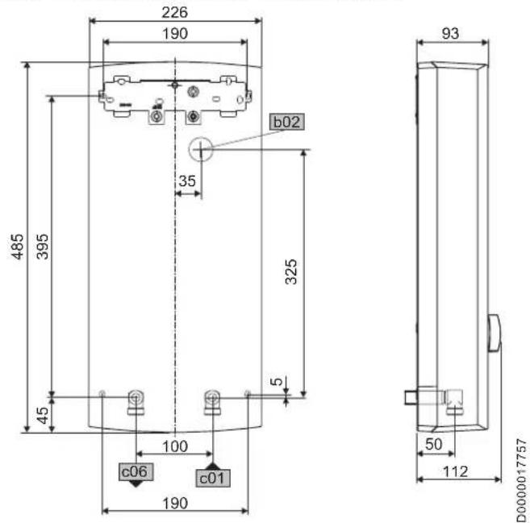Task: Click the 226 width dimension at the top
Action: (x=174, y=13)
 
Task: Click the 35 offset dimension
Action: (x=187, y=181)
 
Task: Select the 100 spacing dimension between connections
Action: (x=174, y=445)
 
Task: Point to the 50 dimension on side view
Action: (x=435, y=445)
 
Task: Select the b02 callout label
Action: (x=287, y=122)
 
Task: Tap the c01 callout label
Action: (x=212, y=477)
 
